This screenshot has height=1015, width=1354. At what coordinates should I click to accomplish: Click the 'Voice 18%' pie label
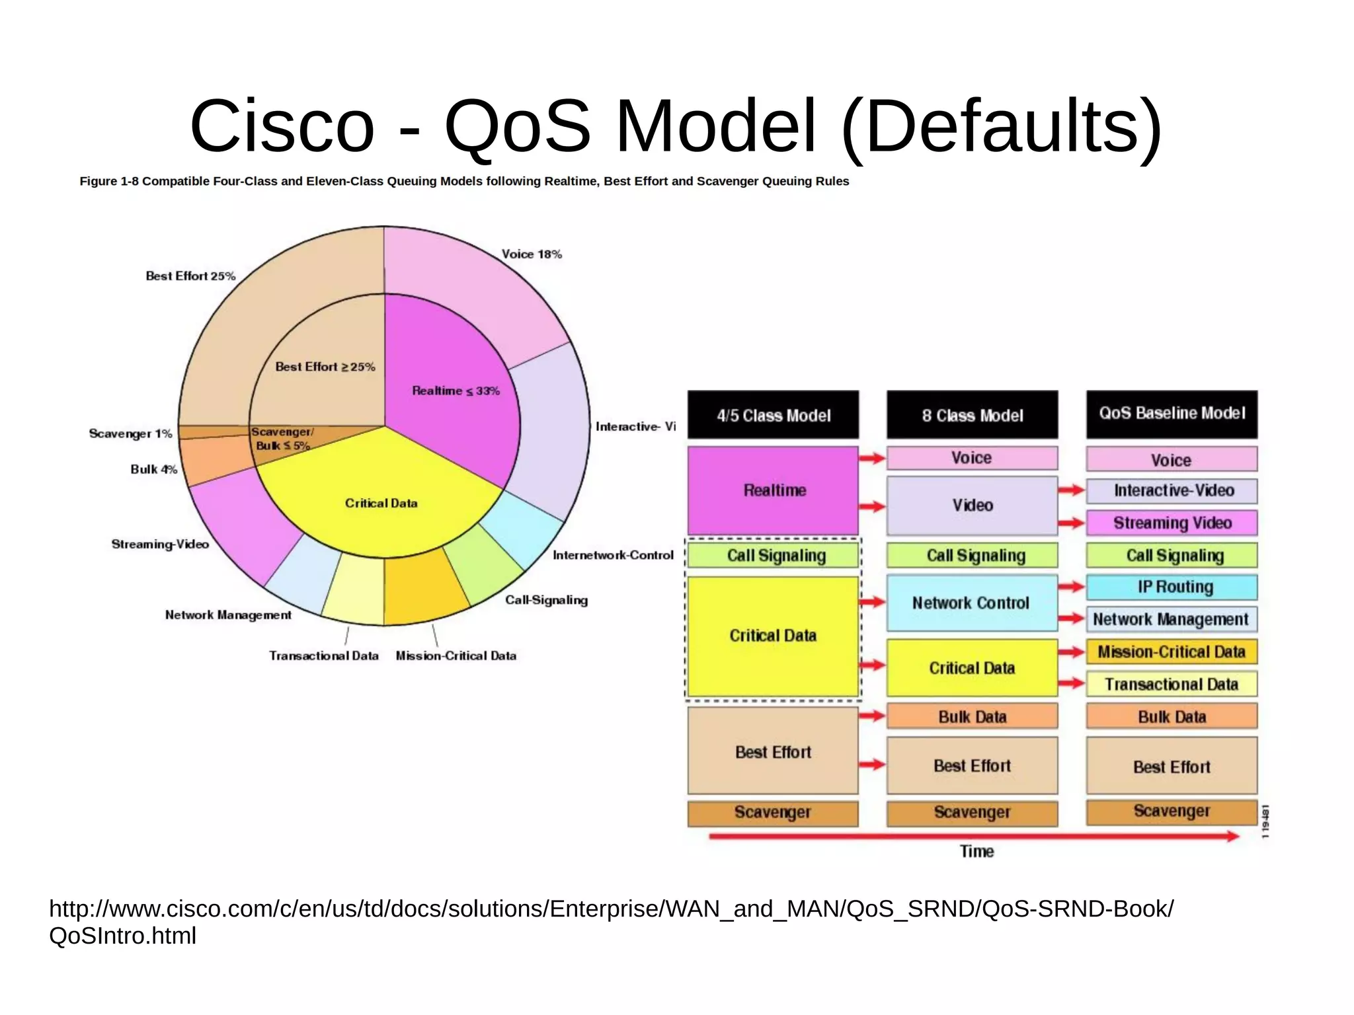(x=531, y=254)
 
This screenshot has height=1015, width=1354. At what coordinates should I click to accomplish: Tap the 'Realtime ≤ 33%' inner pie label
(x=456, y=391)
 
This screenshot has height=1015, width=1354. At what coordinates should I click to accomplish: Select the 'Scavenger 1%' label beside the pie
(x=130, y=433)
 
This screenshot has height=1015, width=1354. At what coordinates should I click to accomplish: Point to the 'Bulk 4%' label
(x=153, y=469)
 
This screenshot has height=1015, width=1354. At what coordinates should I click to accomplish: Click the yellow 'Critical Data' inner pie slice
(x=381, y=503)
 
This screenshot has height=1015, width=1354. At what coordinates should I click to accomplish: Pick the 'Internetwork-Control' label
(x=612, y=555)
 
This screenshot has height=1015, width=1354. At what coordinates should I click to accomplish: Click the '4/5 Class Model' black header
(x=773, y=415)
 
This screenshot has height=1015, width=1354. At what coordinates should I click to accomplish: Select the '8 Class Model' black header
(x=972, y=415)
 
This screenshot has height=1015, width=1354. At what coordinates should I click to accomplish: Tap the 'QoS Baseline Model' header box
(x=1172, y=414)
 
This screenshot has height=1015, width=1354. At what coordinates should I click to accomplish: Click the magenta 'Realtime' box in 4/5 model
(x=773, y=490)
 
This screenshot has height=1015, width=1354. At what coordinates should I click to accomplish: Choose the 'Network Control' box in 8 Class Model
(x=971, y=603)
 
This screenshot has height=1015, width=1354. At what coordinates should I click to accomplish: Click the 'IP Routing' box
(x=1172, y=587)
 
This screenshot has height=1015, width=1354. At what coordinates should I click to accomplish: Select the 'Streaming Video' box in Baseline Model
(x=1172, y=523)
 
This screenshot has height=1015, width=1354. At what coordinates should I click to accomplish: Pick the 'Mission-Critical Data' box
(x=1172, y=652)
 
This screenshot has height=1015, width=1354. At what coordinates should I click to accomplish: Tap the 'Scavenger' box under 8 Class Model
(x=972, y=812)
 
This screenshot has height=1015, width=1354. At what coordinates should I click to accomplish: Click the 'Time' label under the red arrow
(x=976, y=851)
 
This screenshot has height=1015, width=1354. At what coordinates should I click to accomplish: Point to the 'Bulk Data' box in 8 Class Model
(x=972, y=716)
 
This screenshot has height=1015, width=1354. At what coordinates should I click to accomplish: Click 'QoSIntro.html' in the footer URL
(x=123, y=936)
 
